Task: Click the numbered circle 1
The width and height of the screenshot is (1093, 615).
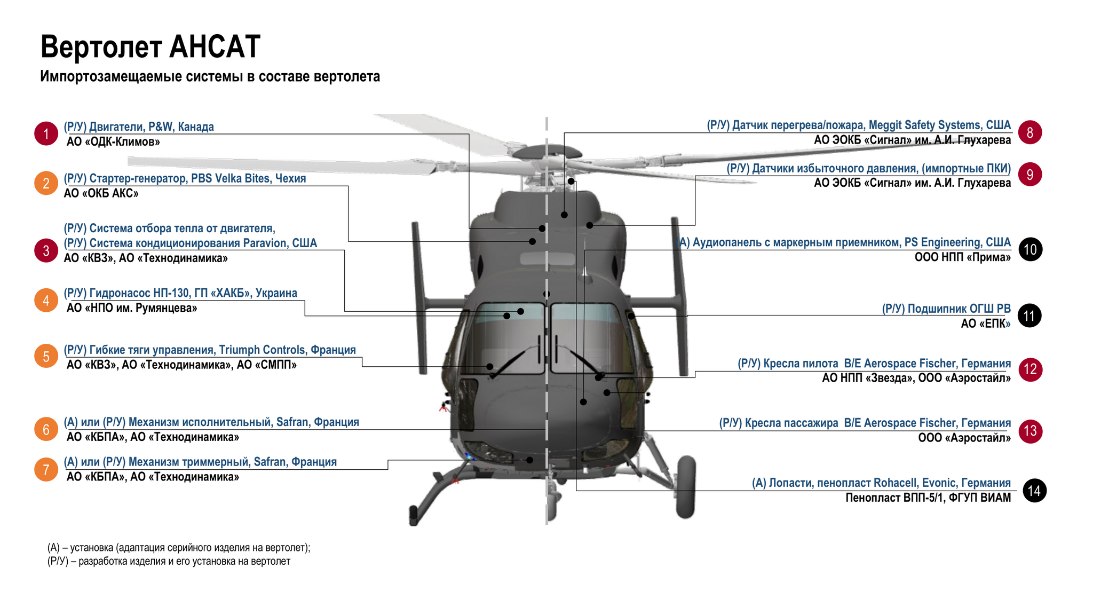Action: [46, 133]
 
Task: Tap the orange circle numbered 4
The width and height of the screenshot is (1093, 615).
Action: [46, 301]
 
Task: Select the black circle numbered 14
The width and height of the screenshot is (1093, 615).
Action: [1034, 491]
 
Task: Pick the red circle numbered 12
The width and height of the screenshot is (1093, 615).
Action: [1030, 369]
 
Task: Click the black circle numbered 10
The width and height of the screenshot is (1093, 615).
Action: [1030, 249]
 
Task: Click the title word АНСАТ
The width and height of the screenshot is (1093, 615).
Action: [215, 46]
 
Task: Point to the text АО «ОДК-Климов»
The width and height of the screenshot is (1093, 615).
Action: [113, 142]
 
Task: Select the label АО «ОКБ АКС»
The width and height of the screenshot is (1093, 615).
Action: [101, 193]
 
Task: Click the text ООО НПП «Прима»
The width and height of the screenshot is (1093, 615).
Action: [963, 257]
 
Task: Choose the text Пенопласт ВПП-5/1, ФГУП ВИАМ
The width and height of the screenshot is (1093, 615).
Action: [928, 498]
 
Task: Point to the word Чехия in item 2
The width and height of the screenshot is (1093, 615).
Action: [290, 178]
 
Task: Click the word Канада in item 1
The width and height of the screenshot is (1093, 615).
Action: [196, 127]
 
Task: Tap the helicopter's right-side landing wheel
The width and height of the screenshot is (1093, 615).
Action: [686, 487]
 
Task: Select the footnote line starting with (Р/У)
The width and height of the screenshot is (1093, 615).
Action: [169, 562]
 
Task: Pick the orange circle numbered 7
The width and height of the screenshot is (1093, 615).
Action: [46, 470]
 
